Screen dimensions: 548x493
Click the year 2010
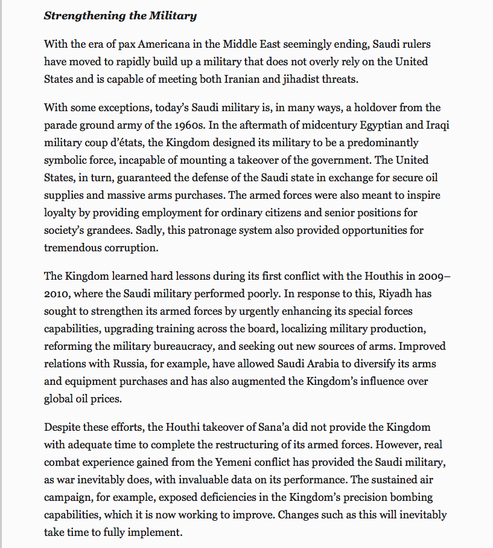point(56,294)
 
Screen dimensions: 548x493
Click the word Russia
point(126,364)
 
